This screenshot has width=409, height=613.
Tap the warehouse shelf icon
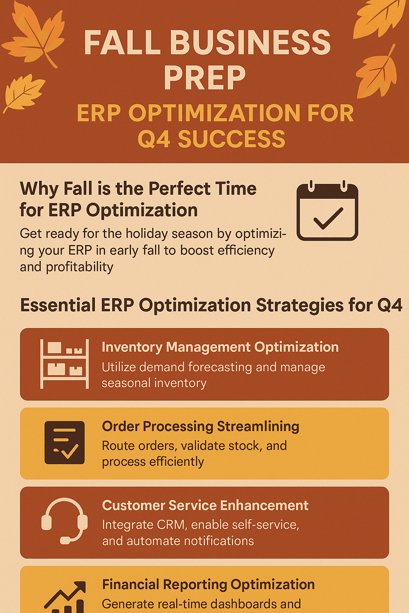(x=64, y=364)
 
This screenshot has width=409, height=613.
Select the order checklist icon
(x=64, y=443)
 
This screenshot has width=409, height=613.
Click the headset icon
(x=64, y=521)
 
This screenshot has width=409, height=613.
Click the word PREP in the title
(x=204, y=78)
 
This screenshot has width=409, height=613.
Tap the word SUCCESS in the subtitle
(x=231, y=139)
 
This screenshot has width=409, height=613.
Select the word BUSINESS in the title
(x=250, y=43)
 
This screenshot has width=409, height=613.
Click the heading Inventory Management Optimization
(x=220, y=347)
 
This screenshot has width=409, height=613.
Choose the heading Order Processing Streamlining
(x=201, y=426)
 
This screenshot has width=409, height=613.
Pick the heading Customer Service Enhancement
(x=205, y=505)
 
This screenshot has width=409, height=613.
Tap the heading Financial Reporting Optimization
(x=208, y=584)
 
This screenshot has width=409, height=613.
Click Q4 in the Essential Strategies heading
(x=389, y=305)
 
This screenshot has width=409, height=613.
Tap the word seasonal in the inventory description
(x=126, y=383)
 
